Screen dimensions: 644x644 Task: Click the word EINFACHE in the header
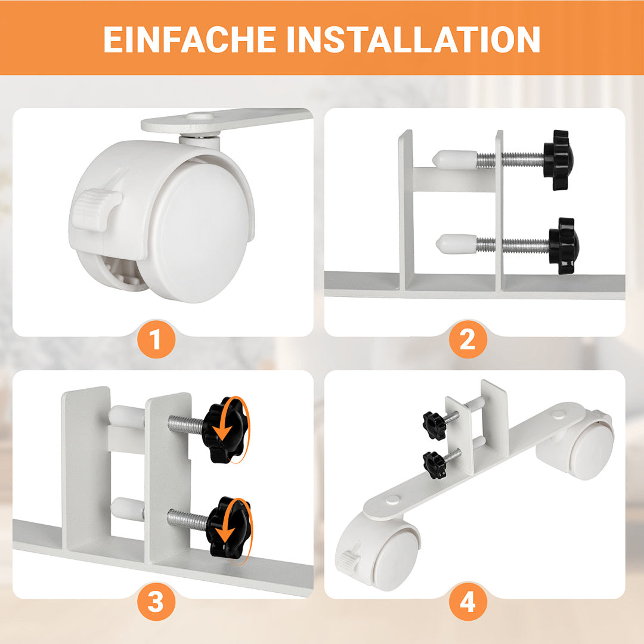(x=190, y=39)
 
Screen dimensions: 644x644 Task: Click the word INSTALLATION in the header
(x=413, y=39)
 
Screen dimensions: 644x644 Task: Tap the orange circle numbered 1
(x=156, y=340)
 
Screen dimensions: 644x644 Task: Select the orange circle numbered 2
(x=468, y=340)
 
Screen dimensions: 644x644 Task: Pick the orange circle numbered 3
(x=156, y=602)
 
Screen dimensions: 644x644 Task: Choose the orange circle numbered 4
(x=468, y=602)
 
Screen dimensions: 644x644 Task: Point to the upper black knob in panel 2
(x=558, y=160)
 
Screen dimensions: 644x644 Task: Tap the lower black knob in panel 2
(x=563, y=246)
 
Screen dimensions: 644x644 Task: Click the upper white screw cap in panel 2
(x=454, y=159)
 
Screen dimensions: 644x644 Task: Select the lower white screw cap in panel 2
(x=456, y=243)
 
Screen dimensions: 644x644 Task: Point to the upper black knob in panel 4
(x=435, y=425)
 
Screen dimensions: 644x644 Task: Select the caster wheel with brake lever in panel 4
(x=379, y=553)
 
